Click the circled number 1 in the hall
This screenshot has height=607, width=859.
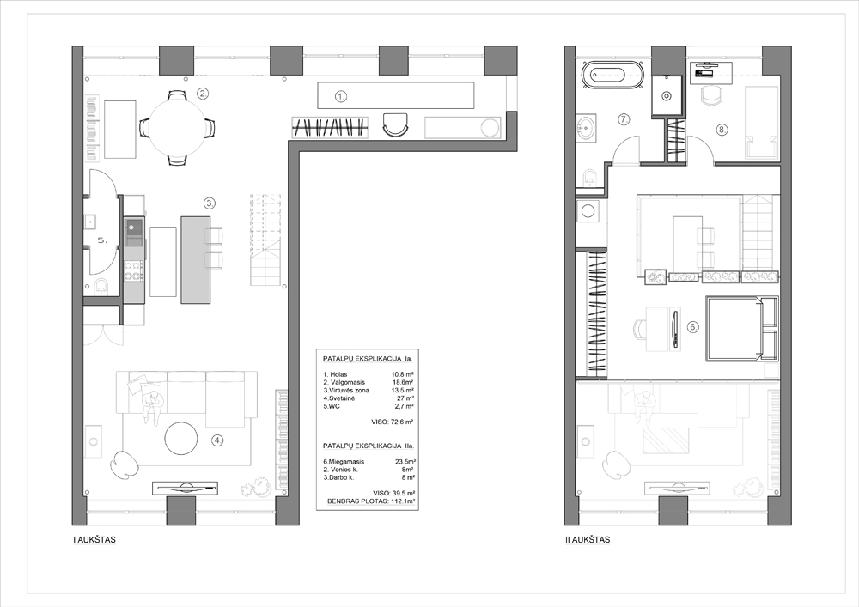pos(341,97)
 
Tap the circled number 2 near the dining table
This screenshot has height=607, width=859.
pos(203,93)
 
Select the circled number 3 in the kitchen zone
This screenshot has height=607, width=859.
pos(210,203)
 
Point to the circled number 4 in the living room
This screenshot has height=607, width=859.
pos(218,440)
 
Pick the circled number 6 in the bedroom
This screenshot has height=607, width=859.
pos(693,327)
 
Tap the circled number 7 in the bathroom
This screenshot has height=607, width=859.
pos(624,118)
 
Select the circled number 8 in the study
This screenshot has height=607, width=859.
pos(722,130)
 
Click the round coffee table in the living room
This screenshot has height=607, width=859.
pos(181,438)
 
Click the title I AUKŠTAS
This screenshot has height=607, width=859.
pos(94,540)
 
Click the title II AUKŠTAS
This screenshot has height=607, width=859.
pos(588,540)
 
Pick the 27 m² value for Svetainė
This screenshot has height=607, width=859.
pos(405,398)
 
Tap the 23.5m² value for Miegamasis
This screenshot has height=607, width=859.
pos(405,461)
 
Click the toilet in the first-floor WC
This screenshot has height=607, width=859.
pos(101,286)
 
